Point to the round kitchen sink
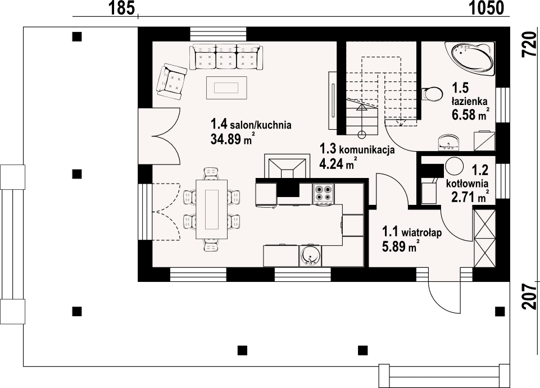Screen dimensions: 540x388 [x=311, y=256]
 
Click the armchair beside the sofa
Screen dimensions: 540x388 [x=171, y=80]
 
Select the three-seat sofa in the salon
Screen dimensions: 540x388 [x=225, y=57]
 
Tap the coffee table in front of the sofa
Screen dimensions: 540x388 [x=226, y=88]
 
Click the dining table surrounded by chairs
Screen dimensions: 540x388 [x=212, y=209]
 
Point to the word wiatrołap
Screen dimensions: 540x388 [x=421, y=232]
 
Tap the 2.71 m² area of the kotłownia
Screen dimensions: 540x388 [x=470, y=197]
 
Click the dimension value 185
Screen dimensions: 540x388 [x=121, y=8]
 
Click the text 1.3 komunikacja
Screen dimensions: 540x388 [x=357, y=150]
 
